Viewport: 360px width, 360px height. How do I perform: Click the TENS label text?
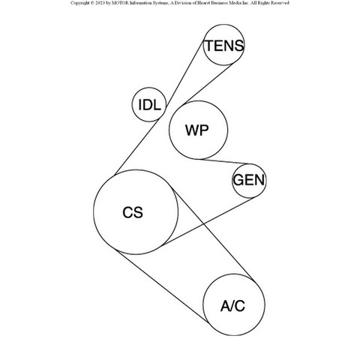(x=224, y=46)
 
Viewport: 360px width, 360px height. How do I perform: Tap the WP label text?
(x=197, y=130)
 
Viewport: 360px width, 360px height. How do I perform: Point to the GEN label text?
(x=249, y=180)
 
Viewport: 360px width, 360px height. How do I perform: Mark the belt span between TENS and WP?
(x=208, y=84)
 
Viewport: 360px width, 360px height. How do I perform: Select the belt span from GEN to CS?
(x=208, y=222)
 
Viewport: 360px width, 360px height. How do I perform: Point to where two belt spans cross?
(x=204, y=223)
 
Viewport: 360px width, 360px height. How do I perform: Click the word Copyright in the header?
(x=79, y=3)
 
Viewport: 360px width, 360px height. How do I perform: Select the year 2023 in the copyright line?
(x=100, y=3)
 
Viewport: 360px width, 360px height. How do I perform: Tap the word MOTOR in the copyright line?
(x=120, y=3)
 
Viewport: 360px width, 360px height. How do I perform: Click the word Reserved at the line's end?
(x=280, y=3)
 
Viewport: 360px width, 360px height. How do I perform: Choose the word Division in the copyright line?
(x=184, y=3)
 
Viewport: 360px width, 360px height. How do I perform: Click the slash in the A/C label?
(x=232, y=306)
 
